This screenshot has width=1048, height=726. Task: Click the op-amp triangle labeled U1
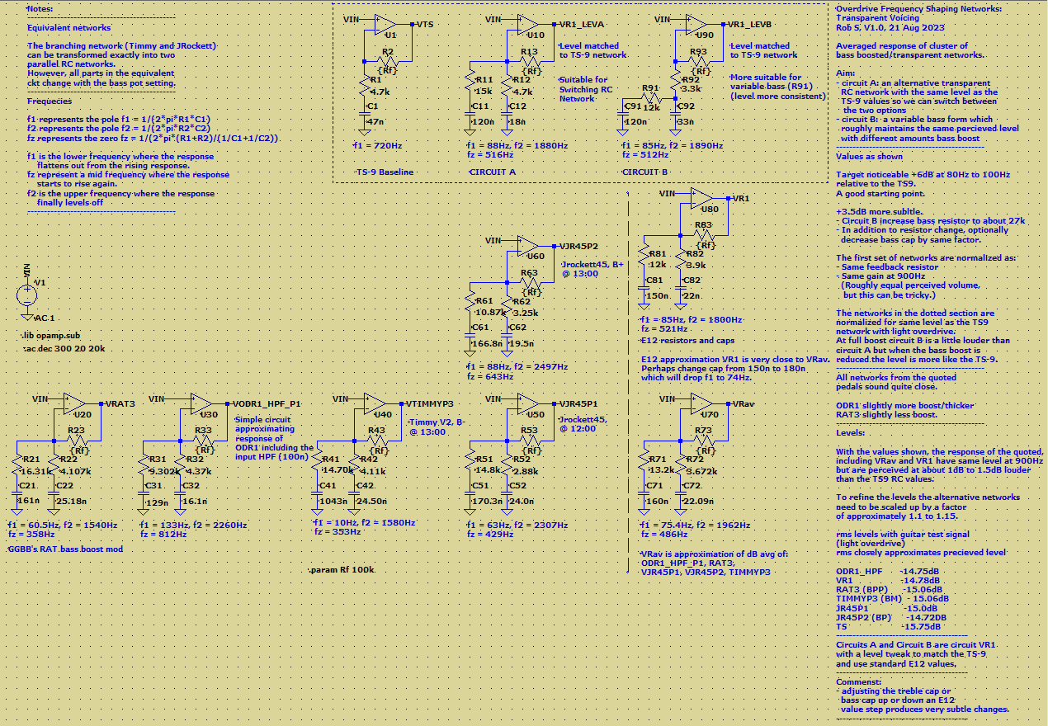coord(385,25)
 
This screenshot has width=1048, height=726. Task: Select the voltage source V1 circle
coord(28,295)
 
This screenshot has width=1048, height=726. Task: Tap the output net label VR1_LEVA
coord(583,24)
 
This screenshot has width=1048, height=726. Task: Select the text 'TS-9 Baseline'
coord(385,172)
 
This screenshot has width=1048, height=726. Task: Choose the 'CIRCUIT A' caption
coord(493,172)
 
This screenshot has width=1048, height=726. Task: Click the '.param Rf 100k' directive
coord(342,570)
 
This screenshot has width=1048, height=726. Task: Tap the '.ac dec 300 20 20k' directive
coord(64,348)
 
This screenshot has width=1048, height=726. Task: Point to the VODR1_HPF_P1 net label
coord(267,403)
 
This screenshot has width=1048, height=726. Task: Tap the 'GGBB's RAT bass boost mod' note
coord(65,549)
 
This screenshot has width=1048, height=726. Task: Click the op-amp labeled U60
coord(527,245)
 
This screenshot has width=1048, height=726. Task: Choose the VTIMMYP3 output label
coord(431,403)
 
